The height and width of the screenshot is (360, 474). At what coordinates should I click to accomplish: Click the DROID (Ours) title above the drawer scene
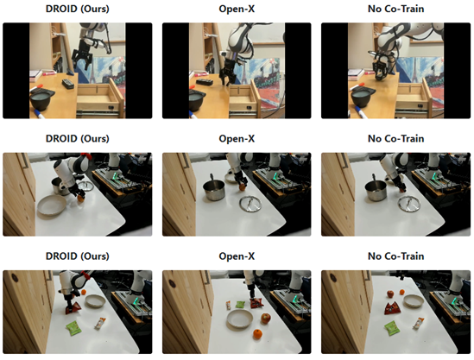tap(78, 9)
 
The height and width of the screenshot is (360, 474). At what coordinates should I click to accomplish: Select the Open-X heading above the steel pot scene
tap(237, 139)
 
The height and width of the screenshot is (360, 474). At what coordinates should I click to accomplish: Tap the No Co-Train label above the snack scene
tap(395, 256)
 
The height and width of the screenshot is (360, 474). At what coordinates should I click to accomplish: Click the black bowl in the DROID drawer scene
tap(41, 100)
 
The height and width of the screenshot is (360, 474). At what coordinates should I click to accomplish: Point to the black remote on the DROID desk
tap(67, 84)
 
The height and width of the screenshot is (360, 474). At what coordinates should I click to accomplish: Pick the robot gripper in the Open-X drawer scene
tap(227, 73)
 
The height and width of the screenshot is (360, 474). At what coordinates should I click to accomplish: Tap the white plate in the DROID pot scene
tap(51, 205)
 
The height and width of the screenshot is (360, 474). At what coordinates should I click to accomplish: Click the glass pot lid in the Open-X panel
tap(250, 205)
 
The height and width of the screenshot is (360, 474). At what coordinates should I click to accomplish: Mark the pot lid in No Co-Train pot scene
tap(409, 204)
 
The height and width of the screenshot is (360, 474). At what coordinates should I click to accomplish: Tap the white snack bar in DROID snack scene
tap(100, 323)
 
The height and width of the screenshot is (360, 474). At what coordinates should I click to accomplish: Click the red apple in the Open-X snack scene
tap(265, 319)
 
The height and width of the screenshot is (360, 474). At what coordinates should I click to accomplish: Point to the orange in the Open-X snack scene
tap(257, 334)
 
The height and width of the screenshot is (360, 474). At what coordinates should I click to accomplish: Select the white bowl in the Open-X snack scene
tap(240, 319)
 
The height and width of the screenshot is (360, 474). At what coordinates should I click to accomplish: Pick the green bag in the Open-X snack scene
tap(240, 305)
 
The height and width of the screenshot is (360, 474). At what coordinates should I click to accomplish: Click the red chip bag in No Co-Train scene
tap(392, 308)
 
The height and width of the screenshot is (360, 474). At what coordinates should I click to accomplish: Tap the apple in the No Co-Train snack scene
tap(390, 294)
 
